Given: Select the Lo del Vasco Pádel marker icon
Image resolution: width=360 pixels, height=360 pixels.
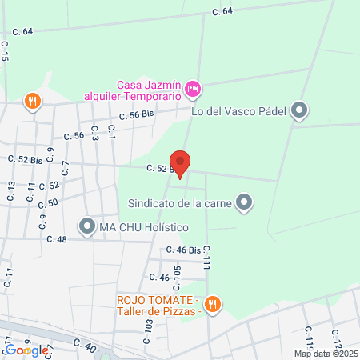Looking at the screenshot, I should click(299, 110).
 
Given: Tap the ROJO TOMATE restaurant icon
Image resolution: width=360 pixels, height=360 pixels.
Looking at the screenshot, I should click(212, 303).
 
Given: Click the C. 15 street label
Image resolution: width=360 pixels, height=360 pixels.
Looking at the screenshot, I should click(5, 52).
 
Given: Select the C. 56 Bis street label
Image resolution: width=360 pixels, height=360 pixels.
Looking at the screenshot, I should click(136, 114).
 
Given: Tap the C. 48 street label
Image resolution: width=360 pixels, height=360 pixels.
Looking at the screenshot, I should click(56, 239).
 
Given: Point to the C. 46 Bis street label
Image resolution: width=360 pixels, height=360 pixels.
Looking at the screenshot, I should click(181, 250).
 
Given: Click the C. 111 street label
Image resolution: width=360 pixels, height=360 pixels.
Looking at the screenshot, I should click(206, 258).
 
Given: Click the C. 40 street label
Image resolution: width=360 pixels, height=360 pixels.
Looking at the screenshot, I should click(84, 344).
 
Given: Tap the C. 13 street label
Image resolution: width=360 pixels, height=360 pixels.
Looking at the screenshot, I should click(11, 190).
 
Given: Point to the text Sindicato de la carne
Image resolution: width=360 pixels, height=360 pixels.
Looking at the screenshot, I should click(189, 204).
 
